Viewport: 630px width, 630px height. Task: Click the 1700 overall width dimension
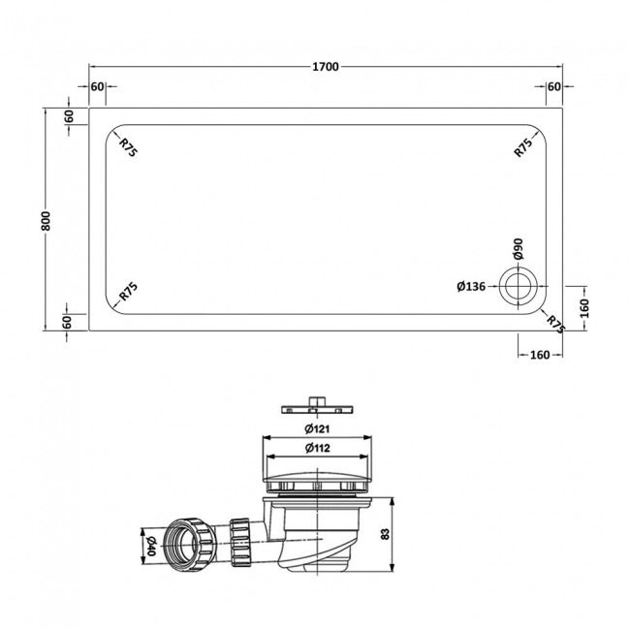pyautogui.click(x=325, y=67)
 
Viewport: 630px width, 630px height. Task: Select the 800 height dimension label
pyautogui.click(x=46, y=220)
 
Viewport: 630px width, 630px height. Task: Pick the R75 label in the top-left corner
pyautogui.click(x=127, y=146)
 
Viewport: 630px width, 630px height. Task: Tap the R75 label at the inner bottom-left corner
pyautogui.click(x=127, y=292)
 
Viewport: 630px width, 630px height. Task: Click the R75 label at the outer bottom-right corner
pyautogui.click(x=554, y=323)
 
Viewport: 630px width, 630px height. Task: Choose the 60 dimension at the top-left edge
pyautogui.click(x=97, y=86)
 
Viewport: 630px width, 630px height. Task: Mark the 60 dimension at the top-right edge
pyautogui.click(x=553, y=86)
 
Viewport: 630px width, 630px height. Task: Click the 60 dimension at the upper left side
pyautogui.click(x=70, y=116)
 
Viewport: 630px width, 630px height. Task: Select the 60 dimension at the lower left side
pyautogui.click(x=70, y=322)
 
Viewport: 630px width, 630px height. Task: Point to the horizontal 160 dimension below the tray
pyautogui.click(x=540, y=354)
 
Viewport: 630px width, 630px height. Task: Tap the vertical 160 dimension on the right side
pyautogui.click(x=584, y=307)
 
